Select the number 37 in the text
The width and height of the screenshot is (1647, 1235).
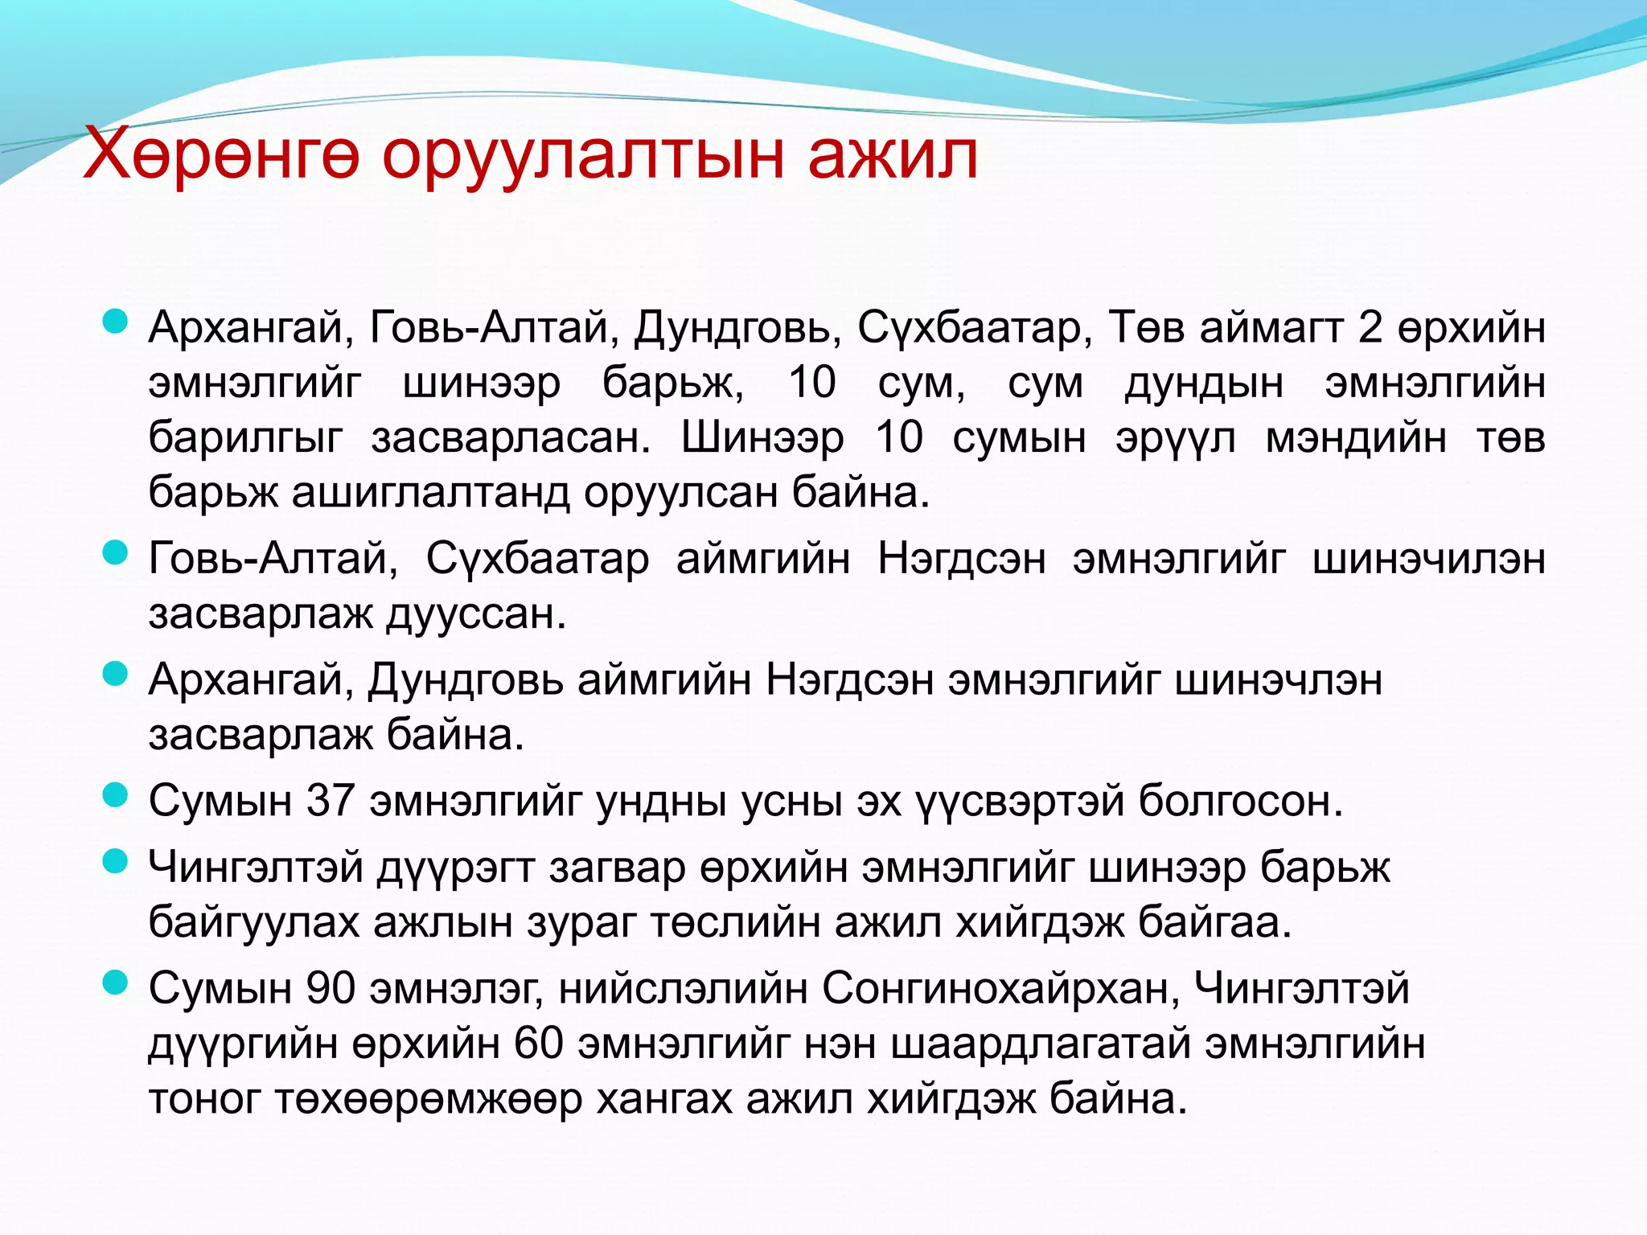tap(331, 800)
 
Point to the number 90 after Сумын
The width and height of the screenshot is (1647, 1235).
tap(331, 987)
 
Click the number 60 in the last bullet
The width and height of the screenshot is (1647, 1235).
tap(538, 1043)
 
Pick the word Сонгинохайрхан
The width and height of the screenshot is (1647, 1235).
tap(1000, 987)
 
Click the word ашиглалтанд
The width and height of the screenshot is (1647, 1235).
tap(429, 492)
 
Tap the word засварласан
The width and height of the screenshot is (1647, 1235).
tap(511, 437)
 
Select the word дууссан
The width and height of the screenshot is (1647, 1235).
tap(476, 614)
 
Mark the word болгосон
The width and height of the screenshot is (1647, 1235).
tap(1240, 800)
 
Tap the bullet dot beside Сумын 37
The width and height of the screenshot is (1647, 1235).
tap(117, 796)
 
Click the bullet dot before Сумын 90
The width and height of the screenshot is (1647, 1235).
tap(117, 983)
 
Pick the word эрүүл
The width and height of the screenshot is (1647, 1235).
tap(1176, 437)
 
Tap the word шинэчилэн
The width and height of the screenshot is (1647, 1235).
tap(1428, 558)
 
